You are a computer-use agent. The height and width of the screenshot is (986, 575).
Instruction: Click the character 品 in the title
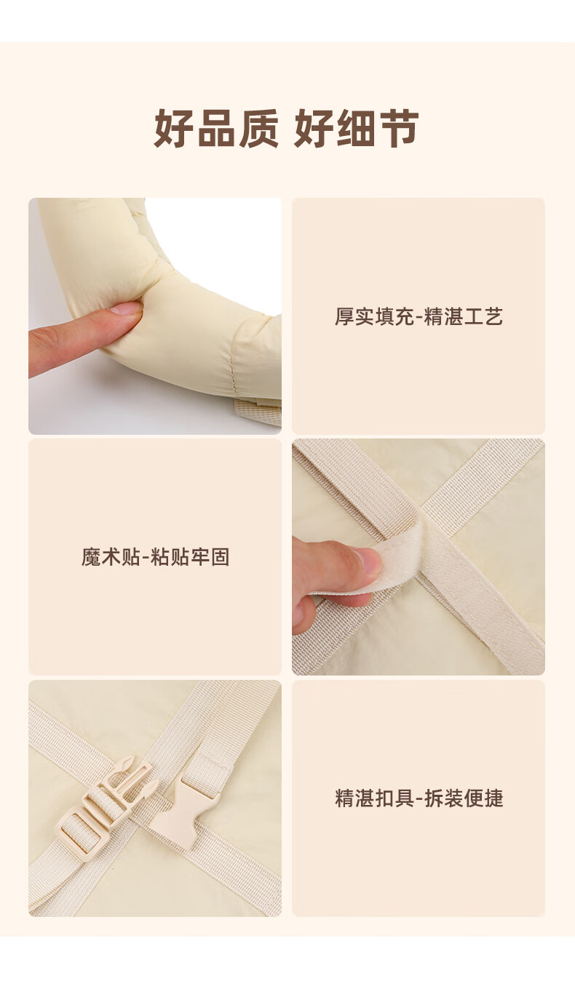pyautogui.click(x=216, y=128)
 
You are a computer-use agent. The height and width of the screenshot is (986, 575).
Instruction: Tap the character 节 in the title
pyautogui.click(x=399, y=128)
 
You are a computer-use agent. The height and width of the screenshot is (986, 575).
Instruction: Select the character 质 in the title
pyautogui.click(x=258, y=128)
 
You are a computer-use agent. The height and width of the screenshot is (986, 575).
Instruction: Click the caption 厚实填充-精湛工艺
pyautogui.click(x=419, y=316)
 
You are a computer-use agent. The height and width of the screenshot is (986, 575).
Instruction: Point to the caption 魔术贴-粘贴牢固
pyautogui.click(x=155, y=557)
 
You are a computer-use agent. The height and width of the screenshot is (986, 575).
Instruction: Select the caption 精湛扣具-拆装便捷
pyautogui.click(x=419, y=798)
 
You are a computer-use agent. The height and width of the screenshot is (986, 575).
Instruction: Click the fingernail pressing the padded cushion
pyautogui.click(x=127, y=308)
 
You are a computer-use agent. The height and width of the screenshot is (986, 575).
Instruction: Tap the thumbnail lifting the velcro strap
pyautogui.click(x=367, y=559)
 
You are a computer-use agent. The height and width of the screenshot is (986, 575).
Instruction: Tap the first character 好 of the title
pyautogui.click(x=174, y=128)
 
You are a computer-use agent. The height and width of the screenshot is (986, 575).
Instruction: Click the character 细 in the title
pyautogui.click(x=357, y=128)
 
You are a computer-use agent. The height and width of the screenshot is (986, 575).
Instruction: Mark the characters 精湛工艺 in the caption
pyautogui.click(x=464, y=316)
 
